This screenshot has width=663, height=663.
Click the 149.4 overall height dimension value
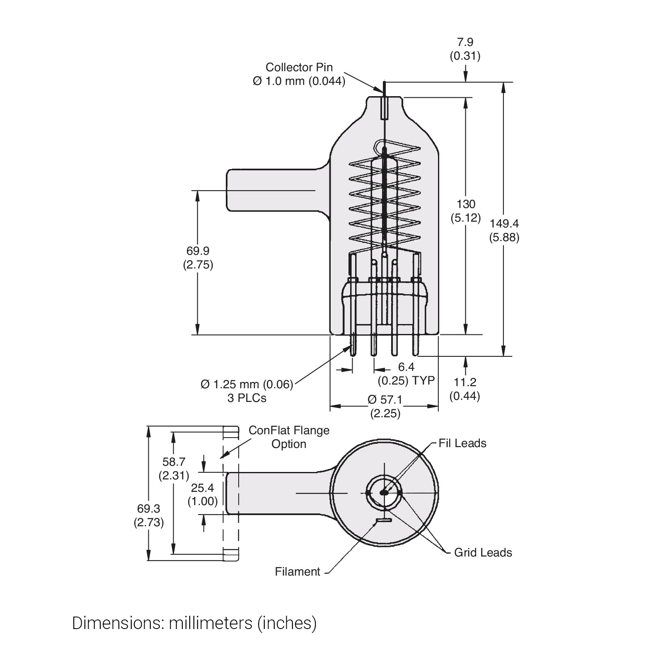coord(504,224)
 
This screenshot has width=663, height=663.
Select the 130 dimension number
coord(466,204)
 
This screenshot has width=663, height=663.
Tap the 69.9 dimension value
coord(198,251)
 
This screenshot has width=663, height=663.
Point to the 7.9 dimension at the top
coord(465,42)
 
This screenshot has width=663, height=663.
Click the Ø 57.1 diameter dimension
coord(385,400)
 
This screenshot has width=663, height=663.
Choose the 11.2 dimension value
coord(465,382)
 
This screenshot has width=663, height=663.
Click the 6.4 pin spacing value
coord(406,367)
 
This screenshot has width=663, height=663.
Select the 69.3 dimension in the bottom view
coord(148,508)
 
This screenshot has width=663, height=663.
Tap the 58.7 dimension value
coord(174,462)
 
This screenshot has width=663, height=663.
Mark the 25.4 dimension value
coord(202,488)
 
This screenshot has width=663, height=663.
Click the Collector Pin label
coord(299,67)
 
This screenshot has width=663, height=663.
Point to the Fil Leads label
coord(462,443)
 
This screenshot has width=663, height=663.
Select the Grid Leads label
coord(483,552)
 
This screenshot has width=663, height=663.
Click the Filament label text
coord(297,572)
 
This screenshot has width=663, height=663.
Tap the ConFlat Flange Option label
coord(289,437)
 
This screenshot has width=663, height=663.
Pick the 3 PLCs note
coord(247,398)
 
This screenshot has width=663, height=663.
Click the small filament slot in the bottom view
coord(384,520)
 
